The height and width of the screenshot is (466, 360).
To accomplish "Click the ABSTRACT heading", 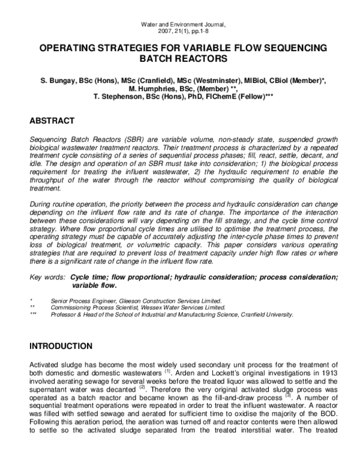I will pyautogui.click(x=52, y=121).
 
